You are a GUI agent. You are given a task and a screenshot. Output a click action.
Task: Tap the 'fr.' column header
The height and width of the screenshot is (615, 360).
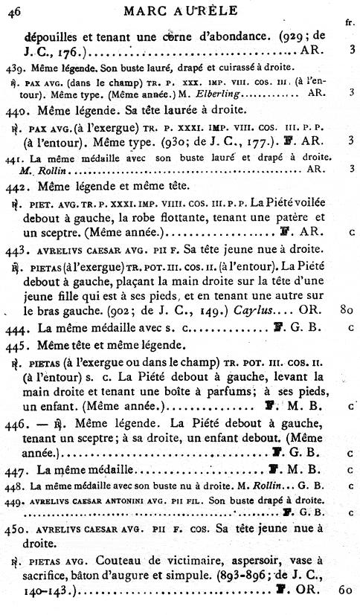pos(350,22)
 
